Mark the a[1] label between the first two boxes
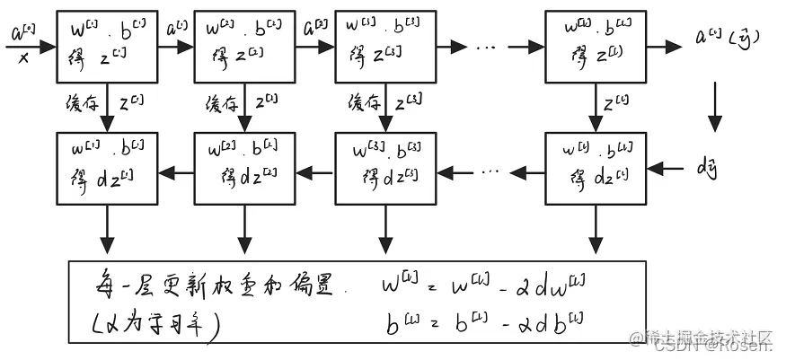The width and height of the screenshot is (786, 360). [x=176, y=29]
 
